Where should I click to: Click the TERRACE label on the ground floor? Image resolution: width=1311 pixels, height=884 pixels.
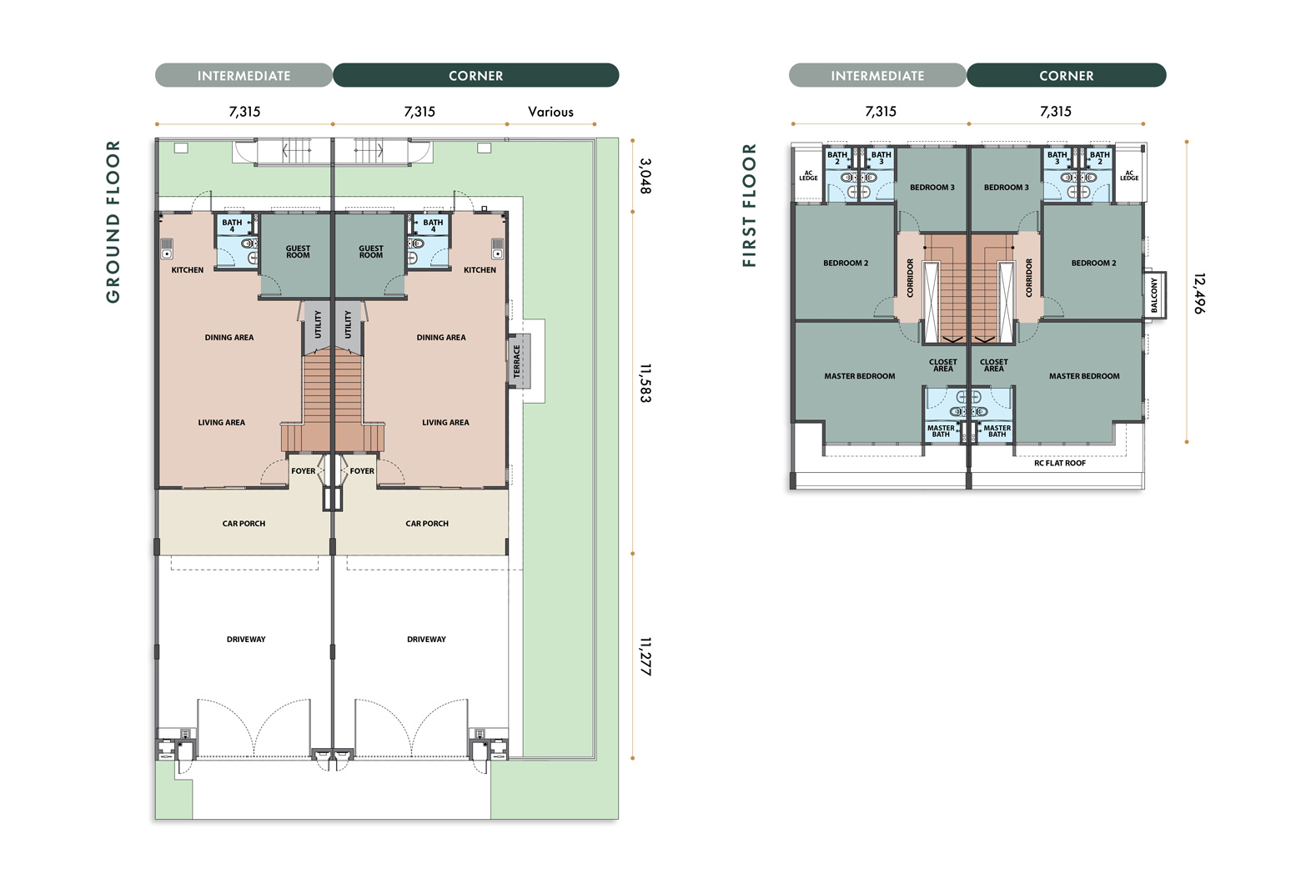tap(517, 361)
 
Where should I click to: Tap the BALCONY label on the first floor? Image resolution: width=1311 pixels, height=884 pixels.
tap(1154, 295)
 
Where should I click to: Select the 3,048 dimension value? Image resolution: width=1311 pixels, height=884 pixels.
tap(645, 176)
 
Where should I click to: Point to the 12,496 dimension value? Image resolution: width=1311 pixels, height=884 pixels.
tap(1199, 293)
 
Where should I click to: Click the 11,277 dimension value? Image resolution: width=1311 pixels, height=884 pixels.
tap(645, 656)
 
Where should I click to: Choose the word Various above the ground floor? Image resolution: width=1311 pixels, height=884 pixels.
tap(550, 112)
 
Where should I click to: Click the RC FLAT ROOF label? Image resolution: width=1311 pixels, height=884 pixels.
tap(1059, 463)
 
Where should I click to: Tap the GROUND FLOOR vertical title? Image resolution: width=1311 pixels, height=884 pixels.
tap(113, 222)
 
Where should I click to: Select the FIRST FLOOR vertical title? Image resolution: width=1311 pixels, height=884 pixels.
tap(749, 205)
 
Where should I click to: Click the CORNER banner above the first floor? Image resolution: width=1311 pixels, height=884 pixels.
tap(1067, 76)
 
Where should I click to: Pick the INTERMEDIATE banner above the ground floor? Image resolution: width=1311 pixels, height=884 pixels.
tap(244, 76)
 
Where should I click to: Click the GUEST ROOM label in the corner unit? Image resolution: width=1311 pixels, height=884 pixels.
tap(371, 252)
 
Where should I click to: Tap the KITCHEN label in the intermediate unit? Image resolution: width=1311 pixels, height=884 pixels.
tap(188, 270)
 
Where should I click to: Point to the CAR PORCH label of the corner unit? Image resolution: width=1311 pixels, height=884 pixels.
tap(427, 524)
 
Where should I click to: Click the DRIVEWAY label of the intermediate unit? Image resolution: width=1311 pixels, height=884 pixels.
tap(246, 640)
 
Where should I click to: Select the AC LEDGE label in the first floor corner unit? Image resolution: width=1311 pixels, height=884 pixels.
tap(1129, 176)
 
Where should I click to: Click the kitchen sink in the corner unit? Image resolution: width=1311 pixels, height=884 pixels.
tap(498, 249)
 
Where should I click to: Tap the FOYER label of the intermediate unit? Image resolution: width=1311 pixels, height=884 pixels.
tap(304, 470)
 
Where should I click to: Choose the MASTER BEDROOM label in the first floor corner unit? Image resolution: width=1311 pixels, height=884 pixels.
tap(1084, 376)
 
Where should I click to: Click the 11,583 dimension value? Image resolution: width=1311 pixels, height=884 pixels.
tap(645, 383)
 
